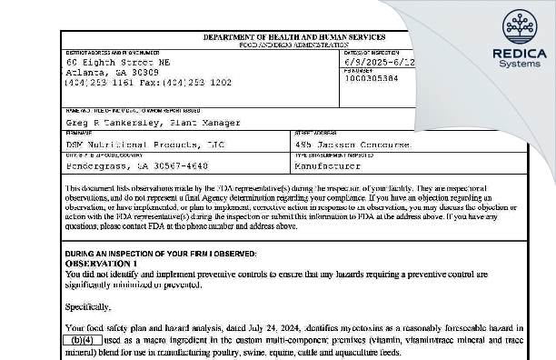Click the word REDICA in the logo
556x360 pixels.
click(519, 54)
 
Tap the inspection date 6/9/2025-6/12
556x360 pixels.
click(378, 61)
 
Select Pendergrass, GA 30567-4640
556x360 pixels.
click(131, 167)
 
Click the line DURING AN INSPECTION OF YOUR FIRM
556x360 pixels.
click(160, 253)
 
